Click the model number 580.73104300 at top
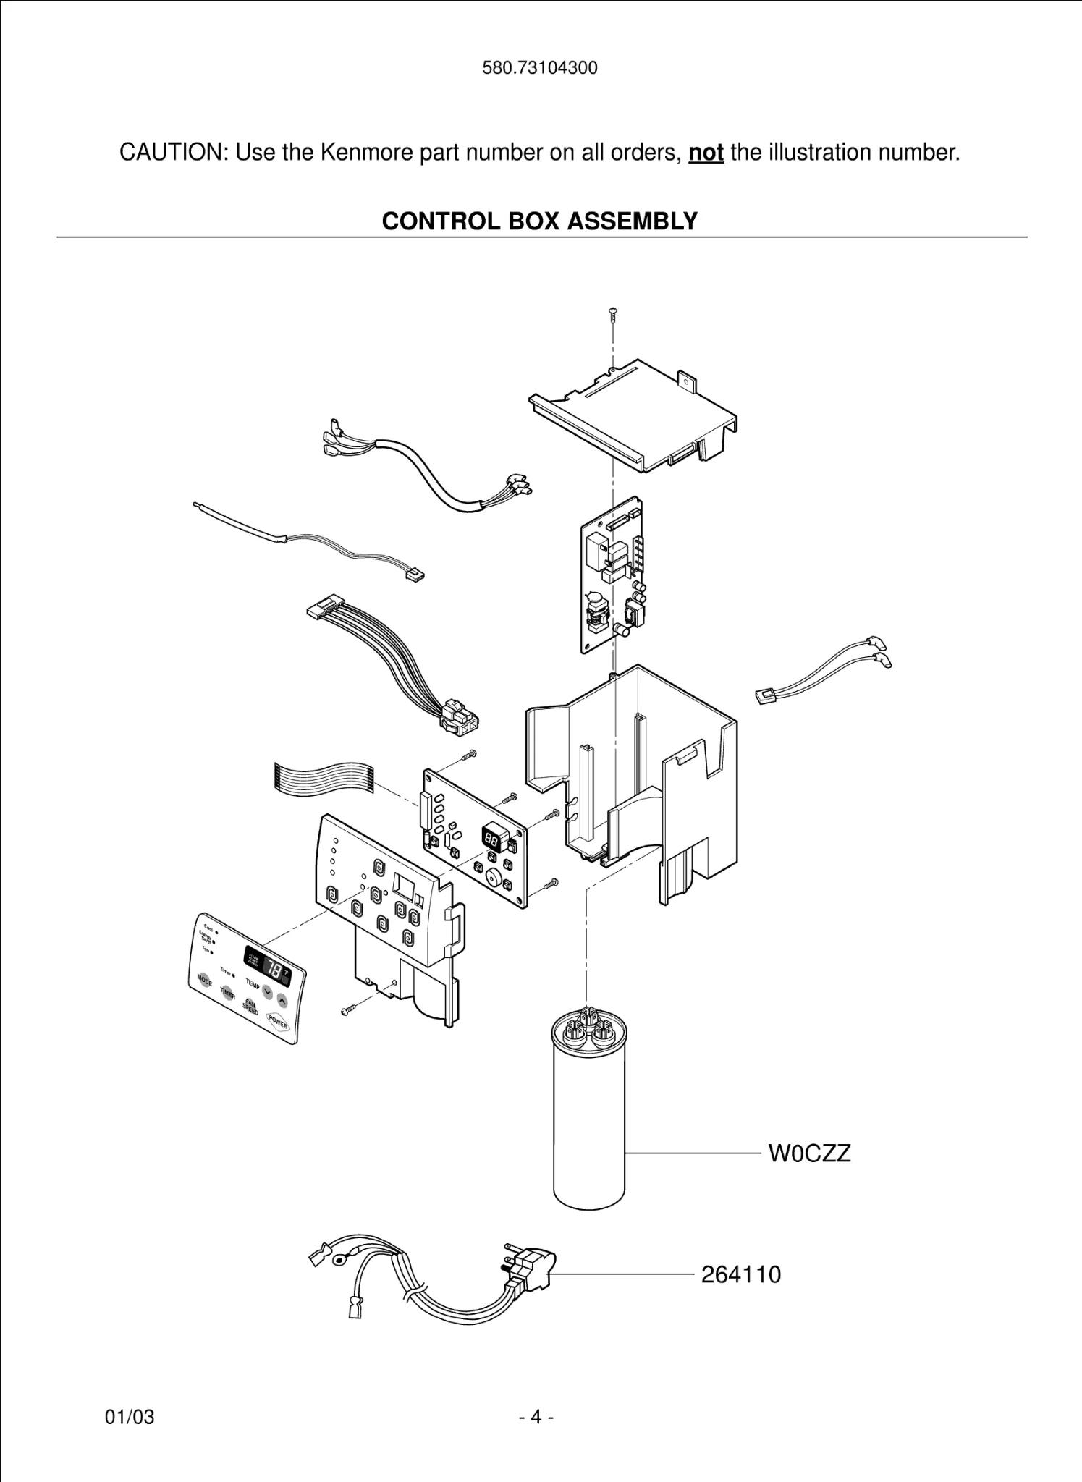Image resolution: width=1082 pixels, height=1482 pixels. click(x=540, y=68)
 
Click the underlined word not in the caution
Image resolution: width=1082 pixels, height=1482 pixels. click(x=706, y=153)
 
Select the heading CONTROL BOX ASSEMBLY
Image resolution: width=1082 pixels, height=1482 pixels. click(x=540, y=221)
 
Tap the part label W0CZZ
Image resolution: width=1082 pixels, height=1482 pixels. click(x=809, y=1153)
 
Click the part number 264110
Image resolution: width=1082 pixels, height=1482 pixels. click(x=740, y=1274)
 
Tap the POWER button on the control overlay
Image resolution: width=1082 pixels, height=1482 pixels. click(x=278, y=1022)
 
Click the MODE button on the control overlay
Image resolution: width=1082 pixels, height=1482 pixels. click(x=205, y=981)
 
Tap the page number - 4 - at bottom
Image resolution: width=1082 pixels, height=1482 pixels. click(x=536, y=1437)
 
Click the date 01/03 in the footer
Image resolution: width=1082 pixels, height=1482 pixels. click(x=130, y=1437)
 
